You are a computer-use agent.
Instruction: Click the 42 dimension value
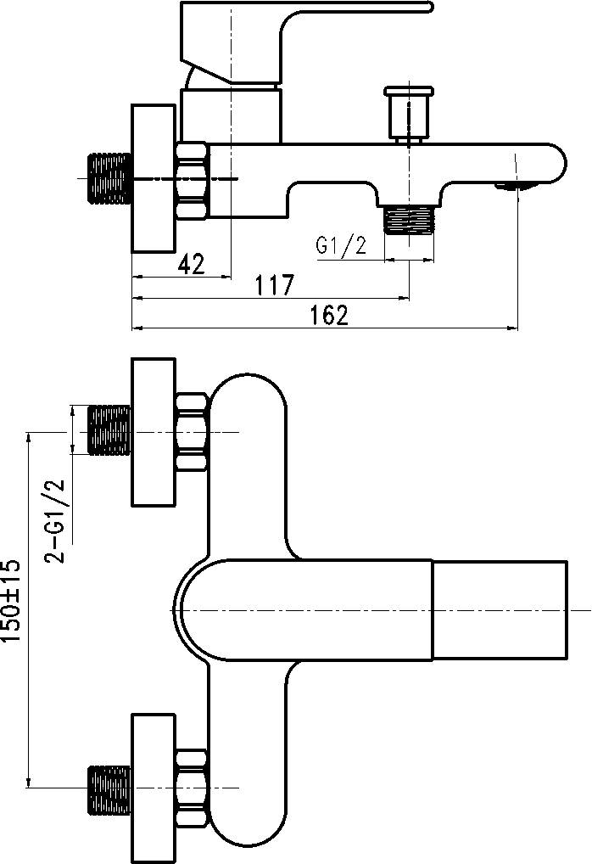[x=192, y=264]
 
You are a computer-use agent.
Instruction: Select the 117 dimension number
[x=272, y=285]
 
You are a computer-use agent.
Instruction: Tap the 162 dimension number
[x=330, y=315]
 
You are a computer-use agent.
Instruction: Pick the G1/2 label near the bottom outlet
[x=341, y=246]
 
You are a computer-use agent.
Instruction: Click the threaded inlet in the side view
[x=109, y=178]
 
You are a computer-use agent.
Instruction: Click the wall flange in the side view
[x=154, y=178]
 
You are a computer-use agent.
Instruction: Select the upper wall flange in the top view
[x=154, y=433]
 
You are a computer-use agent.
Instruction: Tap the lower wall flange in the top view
[x=154, y=788]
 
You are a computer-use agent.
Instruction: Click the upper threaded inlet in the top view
[x=109, y=431]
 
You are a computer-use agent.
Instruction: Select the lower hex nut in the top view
[x=192, y=788]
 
